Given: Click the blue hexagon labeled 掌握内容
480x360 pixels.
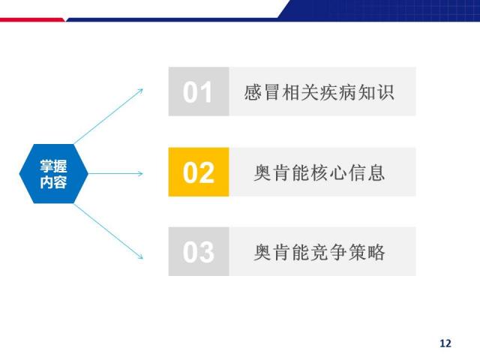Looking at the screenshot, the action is point(53,173).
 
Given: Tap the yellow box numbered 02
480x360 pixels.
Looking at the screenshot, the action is point(199,172).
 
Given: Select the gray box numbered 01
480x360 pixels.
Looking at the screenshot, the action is point(199,91).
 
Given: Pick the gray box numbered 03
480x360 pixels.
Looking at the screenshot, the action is point(199,252).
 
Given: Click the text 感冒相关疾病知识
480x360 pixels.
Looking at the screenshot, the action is point(319,92).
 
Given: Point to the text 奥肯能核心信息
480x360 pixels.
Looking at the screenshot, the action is point(319,172).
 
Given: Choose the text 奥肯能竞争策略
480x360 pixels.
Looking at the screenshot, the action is point(319,252).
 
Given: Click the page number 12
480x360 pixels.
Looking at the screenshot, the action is point(445,343).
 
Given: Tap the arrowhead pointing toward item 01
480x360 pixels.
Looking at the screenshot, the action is point(140,91).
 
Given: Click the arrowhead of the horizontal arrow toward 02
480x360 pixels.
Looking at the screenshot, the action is point(140,173).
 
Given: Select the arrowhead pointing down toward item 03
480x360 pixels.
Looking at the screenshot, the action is point(140,256).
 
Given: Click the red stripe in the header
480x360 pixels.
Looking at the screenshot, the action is point(32,20).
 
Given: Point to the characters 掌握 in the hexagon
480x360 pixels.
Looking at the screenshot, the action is point(53,166).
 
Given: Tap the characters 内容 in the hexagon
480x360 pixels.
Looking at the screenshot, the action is point(53,182).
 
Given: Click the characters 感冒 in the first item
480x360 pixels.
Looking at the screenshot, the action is point(262,92).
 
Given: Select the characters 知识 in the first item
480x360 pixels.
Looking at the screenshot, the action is point(376,92).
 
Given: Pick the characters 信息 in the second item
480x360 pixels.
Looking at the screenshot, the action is point(367,172).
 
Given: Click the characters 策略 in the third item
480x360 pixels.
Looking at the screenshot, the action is point(367,252).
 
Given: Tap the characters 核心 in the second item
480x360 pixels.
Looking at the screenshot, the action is point(328,172).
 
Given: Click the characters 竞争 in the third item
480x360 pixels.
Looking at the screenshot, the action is point(328,252).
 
